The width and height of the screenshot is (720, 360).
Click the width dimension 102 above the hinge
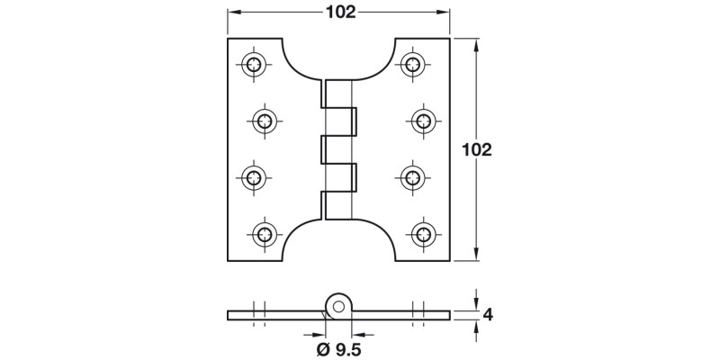[337, 12]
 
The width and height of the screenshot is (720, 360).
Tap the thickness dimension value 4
[488, 315]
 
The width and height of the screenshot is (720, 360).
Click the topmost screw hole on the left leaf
[255, 63]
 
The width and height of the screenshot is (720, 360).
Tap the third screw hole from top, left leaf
[255, 176]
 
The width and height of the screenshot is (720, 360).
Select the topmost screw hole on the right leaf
[413, 63]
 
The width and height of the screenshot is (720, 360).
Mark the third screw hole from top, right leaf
[413, 176]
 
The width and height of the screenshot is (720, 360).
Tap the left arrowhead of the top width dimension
[230, 12]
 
